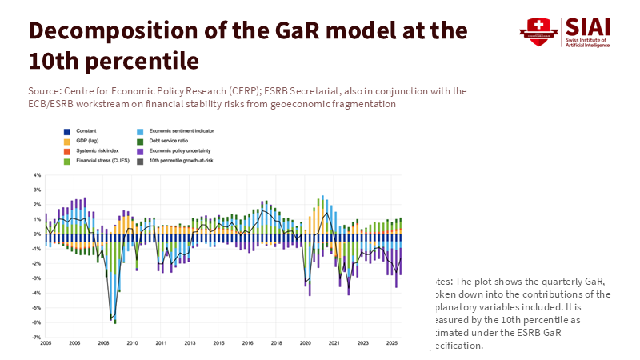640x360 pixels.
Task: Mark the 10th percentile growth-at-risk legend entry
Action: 181,161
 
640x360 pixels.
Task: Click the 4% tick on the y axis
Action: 37,175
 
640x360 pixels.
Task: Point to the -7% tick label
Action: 37,338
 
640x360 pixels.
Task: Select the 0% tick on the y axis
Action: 37,234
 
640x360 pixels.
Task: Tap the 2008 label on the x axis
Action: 103,342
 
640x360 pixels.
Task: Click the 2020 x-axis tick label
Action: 305,342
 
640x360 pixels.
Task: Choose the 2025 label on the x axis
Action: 391,342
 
